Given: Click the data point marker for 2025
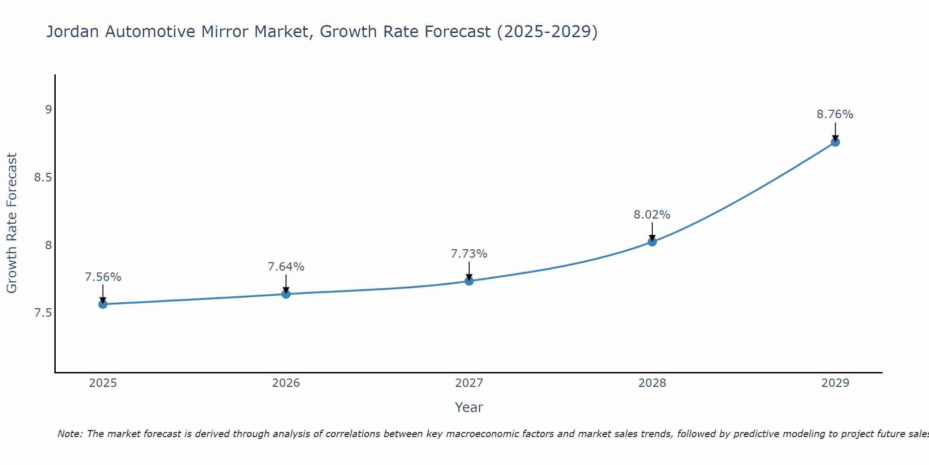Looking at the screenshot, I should [x=103, y=304].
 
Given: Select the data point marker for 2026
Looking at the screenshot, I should [x=286, y=294].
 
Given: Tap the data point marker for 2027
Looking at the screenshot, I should [x=469, y=281].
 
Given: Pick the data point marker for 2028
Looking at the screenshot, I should [x=652, y=242].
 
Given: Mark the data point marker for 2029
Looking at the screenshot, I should [x=835, y=142].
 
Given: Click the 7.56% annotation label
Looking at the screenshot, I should [x=103, y=277].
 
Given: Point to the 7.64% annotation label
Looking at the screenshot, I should [x=286, y=267].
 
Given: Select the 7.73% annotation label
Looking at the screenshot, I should [x=469, y=254].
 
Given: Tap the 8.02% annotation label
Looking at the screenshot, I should [x=652, y=215].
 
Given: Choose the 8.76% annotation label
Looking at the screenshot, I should [x=835, y=114].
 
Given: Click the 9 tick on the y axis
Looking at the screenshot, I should [x=48, y=110].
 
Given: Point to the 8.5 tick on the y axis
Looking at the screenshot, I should [x=43, y=178].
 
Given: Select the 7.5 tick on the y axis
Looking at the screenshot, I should [x=43, y=313].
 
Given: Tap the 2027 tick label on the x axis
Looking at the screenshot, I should [x=469, y=383].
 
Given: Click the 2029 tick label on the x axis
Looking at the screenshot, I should [x=835, y=383].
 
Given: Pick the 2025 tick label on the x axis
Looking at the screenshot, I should [x=103, y=383].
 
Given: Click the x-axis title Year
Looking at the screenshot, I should [x=469, y=407].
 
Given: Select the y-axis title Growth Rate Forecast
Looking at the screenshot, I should [x=12, y=223].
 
